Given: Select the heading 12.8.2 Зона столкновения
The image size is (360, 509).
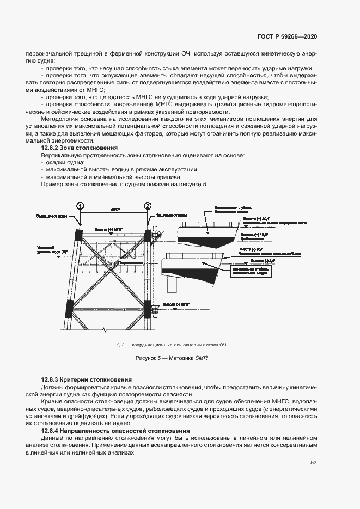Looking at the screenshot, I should click(x=80, y=148).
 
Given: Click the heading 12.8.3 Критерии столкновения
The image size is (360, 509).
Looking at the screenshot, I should click(x=87, y=379).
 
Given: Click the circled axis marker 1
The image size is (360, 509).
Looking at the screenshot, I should click(x=80, y=206).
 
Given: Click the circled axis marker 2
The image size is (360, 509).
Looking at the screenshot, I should click(x=148, y=206).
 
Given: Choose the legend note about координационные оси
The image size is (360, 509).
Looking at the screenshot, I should click(x=172, y=345).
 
